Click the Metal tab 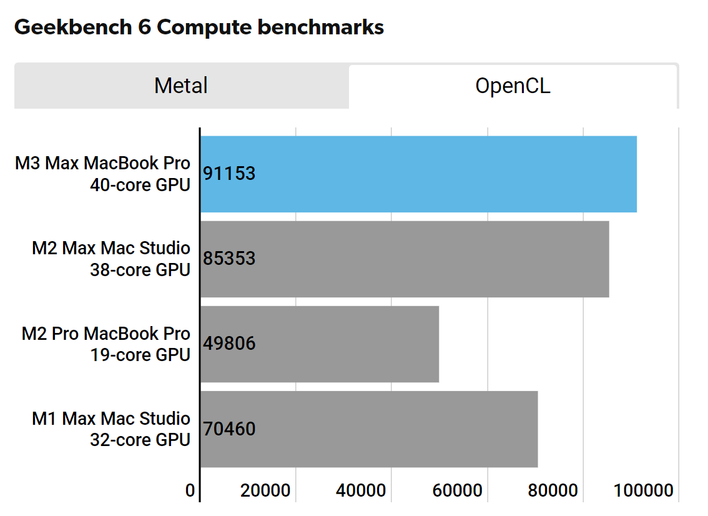[x=181, y=86]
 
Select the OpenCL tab [x=513, y=86]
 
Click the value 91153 [x=230, y=174]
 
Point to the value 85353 [x=230, y=259]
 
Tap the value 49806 [x=230, y=344]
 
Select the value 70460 [x=230, y=429]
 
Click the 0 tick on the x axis [x=190, y=491]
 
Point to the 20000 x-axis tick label [x=265, y=491]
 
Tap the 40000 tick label [x=361, y=491]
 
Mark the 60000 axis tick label [x=457, y=491]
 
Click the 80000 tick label [x=553, y=491]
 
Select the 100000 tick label [x=643, y=491]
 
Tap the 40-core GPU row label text [x=140, y=185]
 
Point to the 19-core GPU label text [x=140, y=355]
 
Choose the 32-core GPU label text [x=140, y=440]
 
